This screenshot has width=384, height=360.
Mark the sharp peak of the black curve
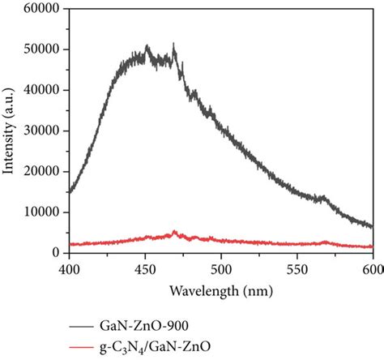click(x=174, y=45)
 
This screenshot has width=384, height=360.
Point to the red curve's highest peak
click(x=175, y=232)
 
